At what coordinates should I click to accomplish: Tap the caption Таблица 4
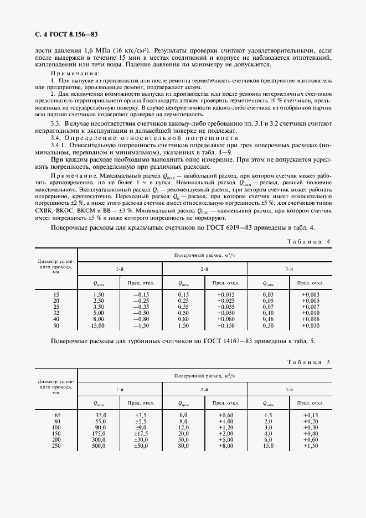click(310, 241)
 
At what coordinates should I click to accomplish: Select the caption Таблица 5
click(310, 362)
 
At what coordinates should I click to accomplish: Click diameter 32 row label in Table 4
click(56, 313)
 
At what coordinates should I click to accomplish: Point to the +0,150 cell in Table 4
click(225, 326)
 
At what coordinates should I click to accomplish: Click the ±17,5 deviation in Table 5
click(141, 433)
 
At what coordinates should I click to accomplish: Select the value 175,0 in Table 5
click(100, 433)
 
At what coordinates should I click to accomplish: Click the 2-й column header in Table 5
click(204, 389)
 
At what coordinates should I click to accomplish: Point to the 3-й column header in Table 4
click(288, 268)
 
